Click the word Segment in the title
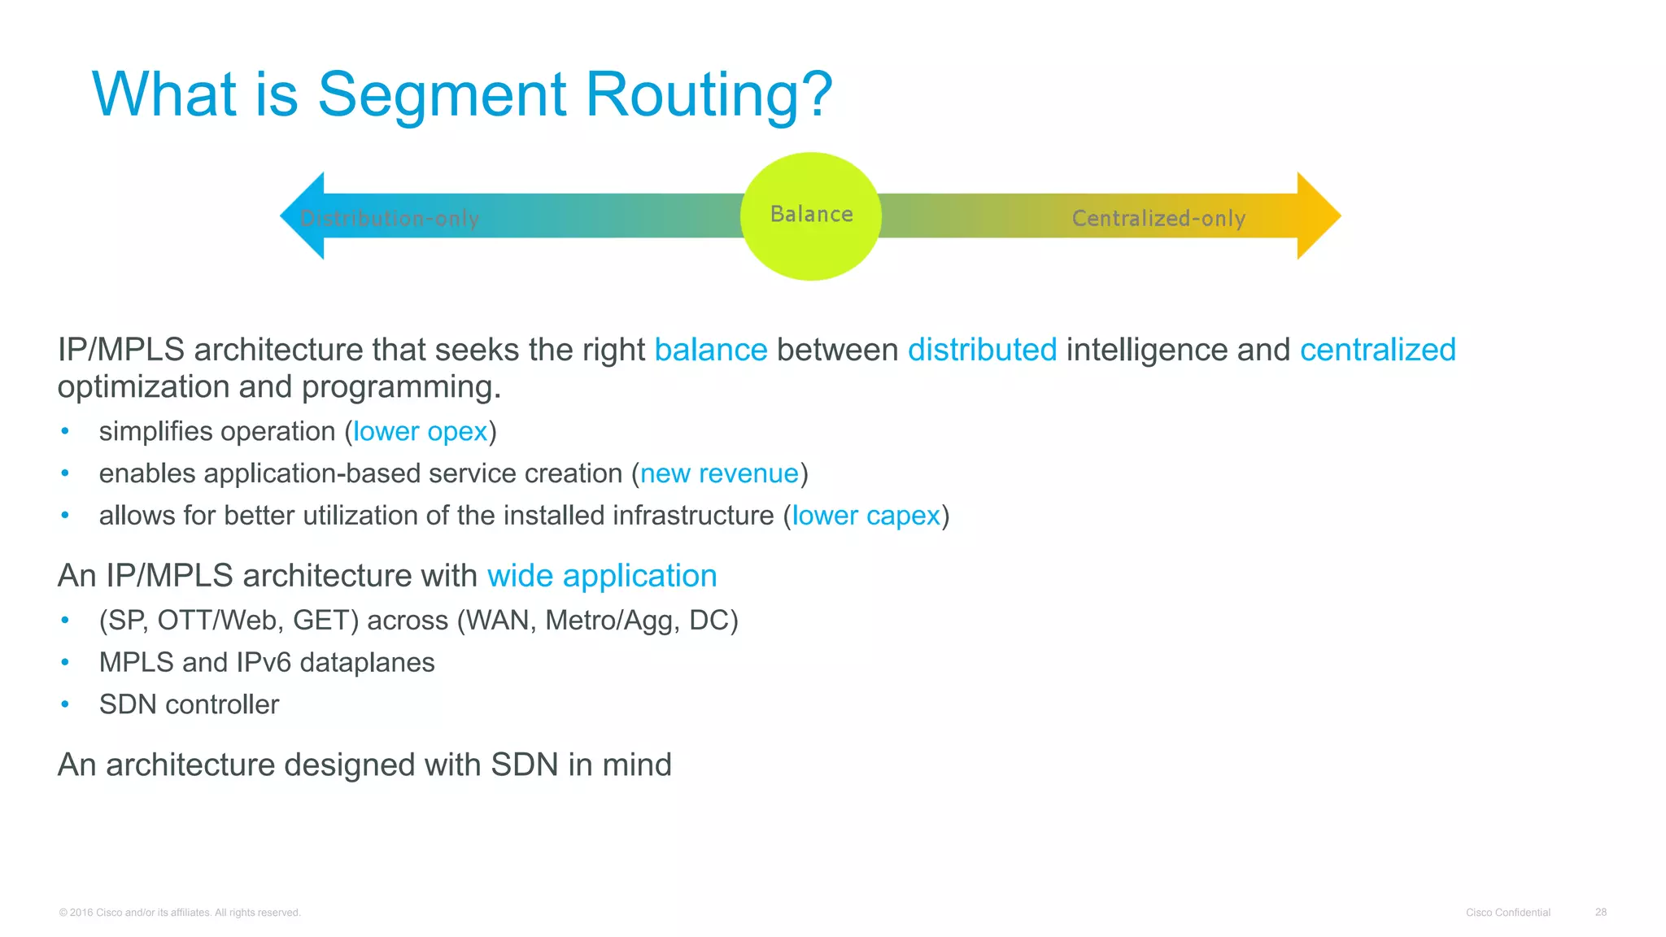[442, 95]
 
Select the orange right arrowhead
[1317, 216]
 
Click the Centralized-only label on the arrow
[1158, 218]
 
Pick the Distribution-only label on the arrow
[390, 218]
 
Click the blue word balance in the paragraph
[710, 350]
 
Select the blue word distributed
[982, 350]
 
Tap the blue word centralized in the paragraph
[1377, 350]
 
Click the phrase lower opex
[420, 431]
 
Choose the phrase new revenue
[719, 473]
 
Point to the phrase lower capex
[866, 516]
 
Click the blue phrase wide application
[602, 576]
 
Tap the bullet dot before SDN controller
[65, 704]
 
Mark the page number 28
[1600, 913]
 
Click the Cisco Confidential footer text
[1507, 913]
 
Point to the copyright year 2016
[81, 913]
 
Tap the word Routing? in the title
[709, 95]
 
